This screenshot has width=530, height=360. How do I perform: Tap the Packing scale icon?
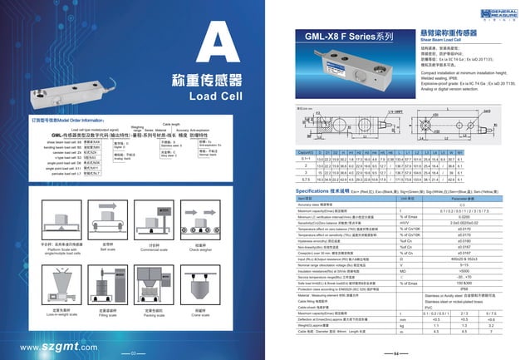(x=153, y=287)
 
